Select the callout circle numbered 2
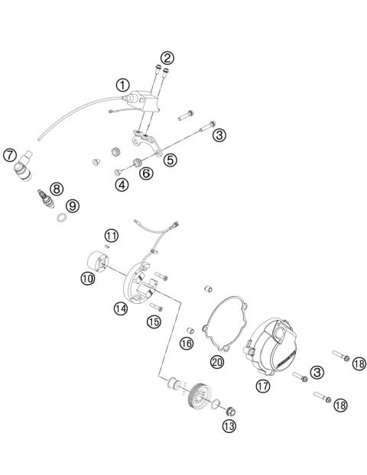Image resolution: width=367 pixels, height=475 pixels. coord(167,57)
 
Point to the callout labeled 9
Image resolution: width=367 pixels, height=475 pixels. coord(71,205)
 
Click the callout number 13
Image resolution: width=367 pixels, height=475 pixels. coord(229,426)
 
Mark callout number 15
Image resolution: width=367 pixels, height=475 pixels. coord(154,322)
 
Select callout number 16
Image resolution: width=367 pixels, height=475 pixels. coord(186,344)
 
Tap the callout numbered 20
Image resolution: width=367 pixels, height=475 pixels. coord(216,361)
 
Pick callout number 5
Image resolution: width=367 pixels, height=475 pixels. coord(171,161)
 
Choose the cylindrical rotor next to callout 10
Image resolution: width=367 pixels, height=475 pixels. coord(99,260)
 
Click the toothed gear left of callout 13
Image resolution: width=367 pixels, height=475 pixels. coord(201,397)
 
